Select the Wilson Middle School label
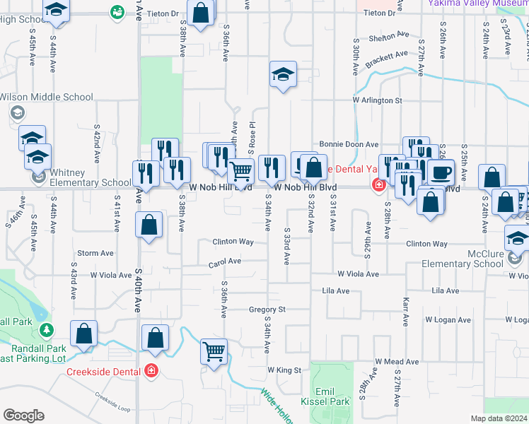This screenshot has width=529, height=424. click(x=46, y=97)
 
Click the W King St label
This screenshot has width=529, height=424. click(x=284, y=370)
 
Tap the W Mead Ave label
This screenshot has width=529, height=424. click(x=393, y=361)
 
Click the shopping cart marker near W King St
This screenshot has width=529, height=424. click(x=214, y=351)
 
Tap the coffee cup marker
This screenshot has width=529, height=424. click(x=441, y=172)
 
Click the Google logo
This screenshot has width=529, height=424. click(x=23, y=416)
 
